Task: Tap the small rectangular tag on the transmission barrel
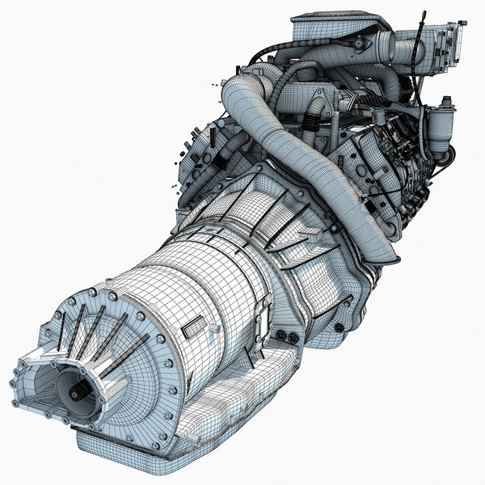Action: click(x=192, y=327)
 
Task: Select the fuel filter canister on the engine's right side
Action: click(x=442, y=129)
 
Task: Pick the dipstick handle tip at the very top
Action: click(x=423, y=15)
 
